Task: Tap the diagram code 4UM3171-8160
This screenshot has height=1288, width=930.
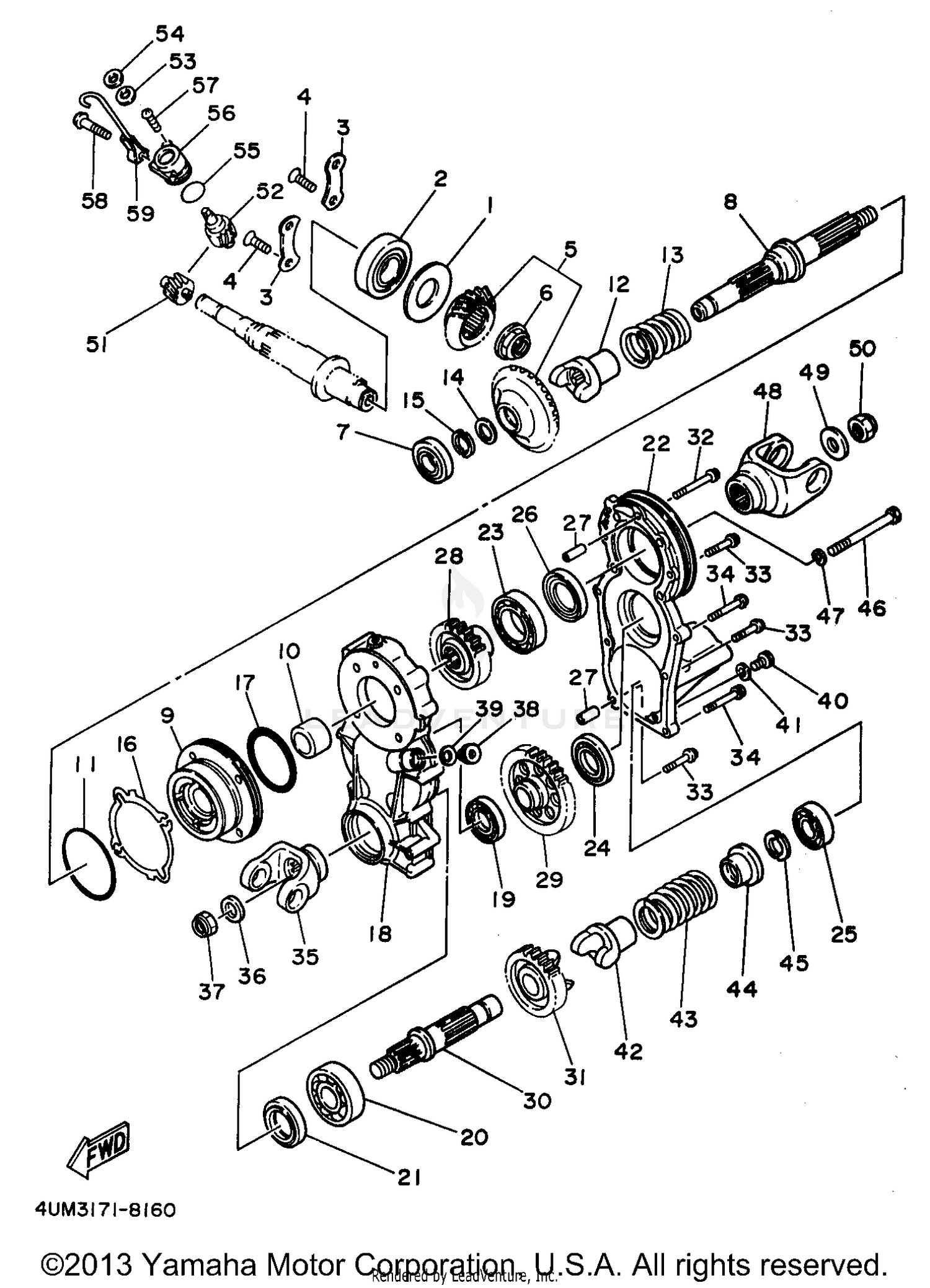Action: pyautogui.click(x=105, y=1210)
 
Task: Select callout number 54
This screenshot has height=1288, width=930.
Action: pyautogui.click(x=169, y=34)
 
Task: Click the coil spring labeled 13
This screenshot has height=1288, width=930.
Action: pyautogui.click(x=656, y=335)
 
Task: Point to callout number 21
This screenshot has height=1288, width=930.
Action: pyautogui.click(x=409, y=1177)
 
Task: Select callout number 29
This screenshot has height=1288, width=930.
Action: pyautogui.click(x=549, y=879)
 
